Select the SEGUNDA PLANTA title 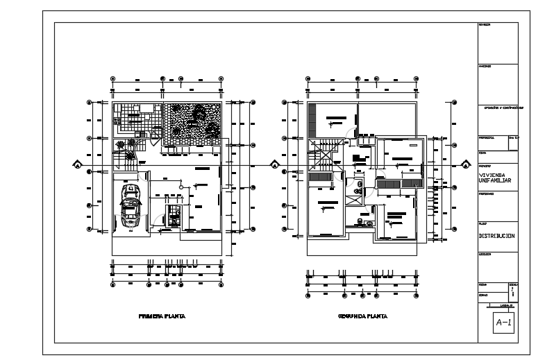(362, 316)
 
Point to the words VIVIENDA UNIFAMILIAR (497, 178)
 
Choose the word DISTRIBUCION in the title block (497, 236)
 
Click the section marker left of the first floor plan (78, 165)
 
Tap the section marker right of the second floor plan (464, 165)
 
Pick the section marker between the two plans (275, 165)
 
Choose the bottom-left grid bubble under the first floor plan (113, 284)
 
